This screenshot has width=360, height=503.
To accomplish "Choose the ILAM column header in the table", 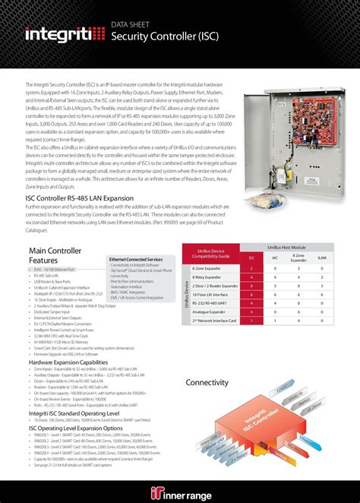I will tap(322, 258).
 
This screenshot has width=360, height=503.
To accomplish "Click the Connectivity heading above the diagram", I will tap(207, 382).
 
